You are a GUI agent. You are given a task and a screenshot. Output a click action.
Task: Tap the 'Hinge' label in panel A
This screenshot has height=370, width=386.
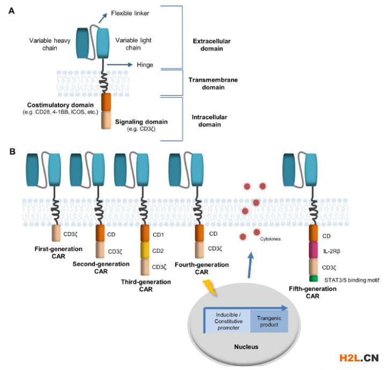(145, 65)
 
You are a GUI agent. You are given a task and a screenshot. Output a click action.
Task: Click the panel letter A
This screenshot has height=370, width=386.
(11, 10)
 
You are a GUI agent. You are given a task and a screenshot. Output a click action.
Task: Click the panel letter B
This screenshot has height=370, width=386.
(11, 151)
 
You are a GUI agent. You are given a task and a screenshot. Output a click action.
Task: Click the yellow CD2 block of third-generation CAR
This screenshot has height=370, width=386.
(144, 250)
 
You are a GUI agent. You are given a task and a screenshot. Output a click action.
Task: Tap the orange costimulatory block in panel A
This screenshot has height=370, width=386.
(107, 102)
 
